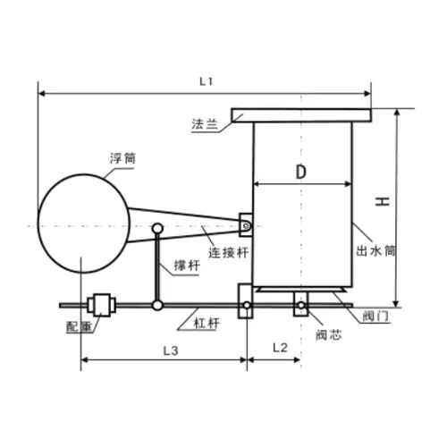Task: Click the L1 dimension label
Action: pos(206,81)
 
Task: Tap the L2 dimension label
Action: pos(280,348)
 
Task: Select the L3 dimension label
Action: pos(171,350)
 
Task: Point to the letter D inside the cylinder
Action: pos(301,172)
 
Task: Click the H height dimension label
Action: pos(383,202)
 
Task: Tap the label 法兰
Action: pos(205,124)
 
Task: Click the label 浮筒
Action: pos(122,158)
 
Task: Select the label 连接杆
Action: pos(228,253)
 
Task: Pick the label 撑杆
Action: pos(187,266)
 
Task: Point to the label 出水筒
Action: pos(376,251)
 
